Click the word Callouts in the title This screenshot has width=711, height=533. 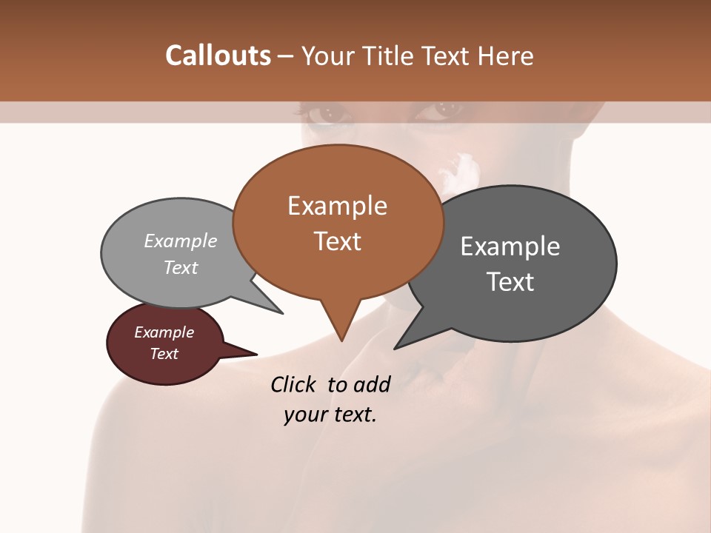point(218,56)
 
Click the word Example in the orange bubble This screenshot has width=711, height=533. point(337,206)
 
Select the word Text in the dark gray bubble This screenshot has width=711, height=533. point(510,282)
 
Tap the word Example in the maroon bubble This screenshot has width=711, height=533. point(164,332)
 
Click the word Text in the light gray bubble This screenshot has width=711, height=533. point(180,267)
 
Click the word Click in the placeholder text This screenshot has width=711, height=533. point(296,384)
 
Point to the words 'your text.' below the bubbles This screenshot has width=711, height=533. point(330,415)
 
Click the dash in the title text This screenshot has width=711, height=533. point(286,56)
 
